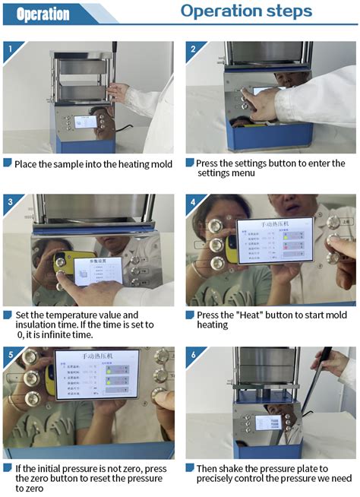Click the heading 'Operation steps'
point(246,11)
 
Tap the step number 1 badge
point(9,49)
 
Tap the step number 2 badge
point(192,49)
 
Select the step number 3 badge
point(9,202)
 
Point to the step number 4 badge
point(192,202)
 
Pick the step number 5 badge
point(9,355)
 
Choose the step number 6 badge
point(192,355)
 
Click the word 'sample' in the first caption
point(78,164)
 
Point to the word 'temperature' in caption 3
point(71,315)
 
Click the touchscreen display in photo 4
point(274,241)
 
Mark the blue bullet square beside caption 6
point(190,468)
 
